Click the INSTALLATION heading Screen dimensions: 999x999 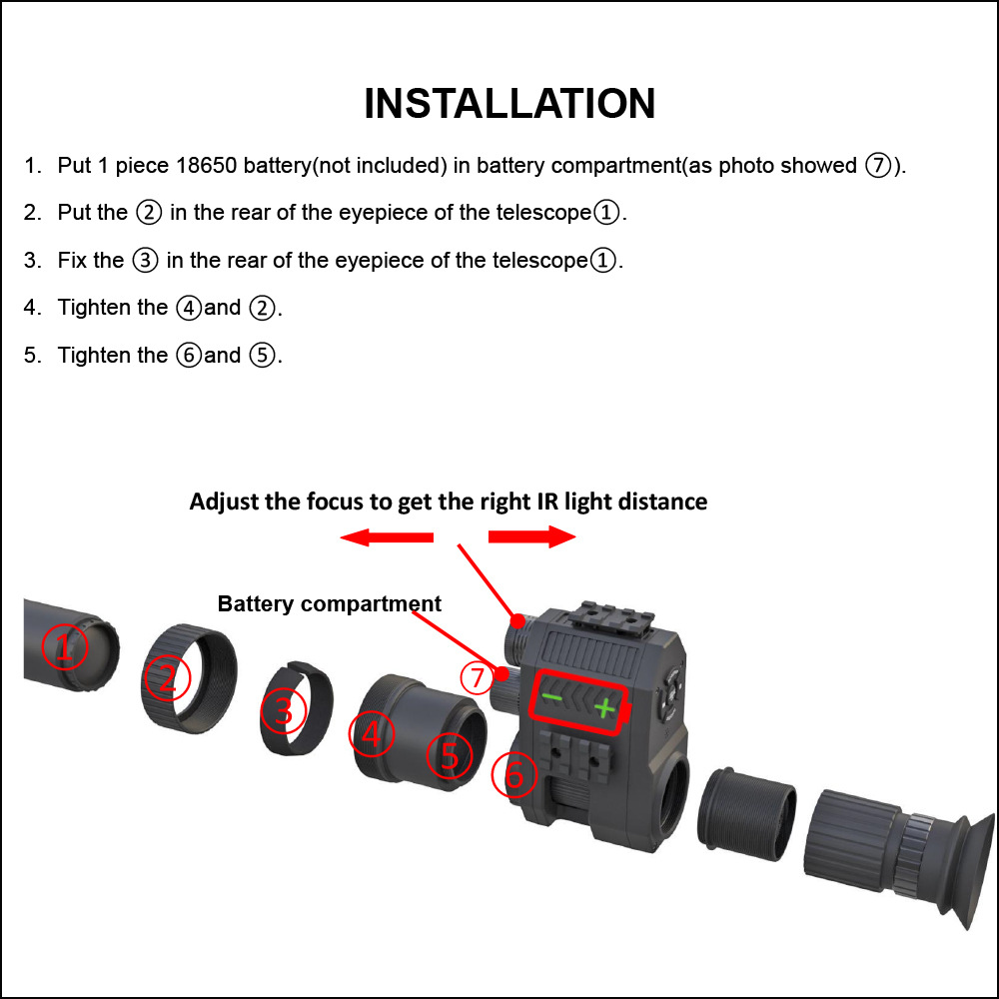point(509,104)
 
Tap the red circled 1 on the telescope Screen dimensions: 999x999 point(65,648)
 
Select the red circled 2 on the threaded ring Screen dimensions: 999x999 point(167,679)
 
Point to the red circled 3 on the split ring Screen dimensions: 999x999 point(284,712)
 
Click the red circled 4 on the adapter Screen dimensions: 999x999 point(371,736)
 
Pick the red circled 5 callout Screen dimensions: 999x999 point(451,757)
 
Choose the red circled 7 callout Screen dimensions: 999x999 point(478,678)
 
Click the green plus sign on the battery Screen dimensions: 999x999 point(603,710)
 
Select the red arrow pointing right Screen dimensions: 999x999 point(532,537)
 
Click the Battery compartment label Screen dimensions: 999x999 point(329,604)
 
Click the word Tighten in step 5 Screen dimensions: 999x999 point(96,356)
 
